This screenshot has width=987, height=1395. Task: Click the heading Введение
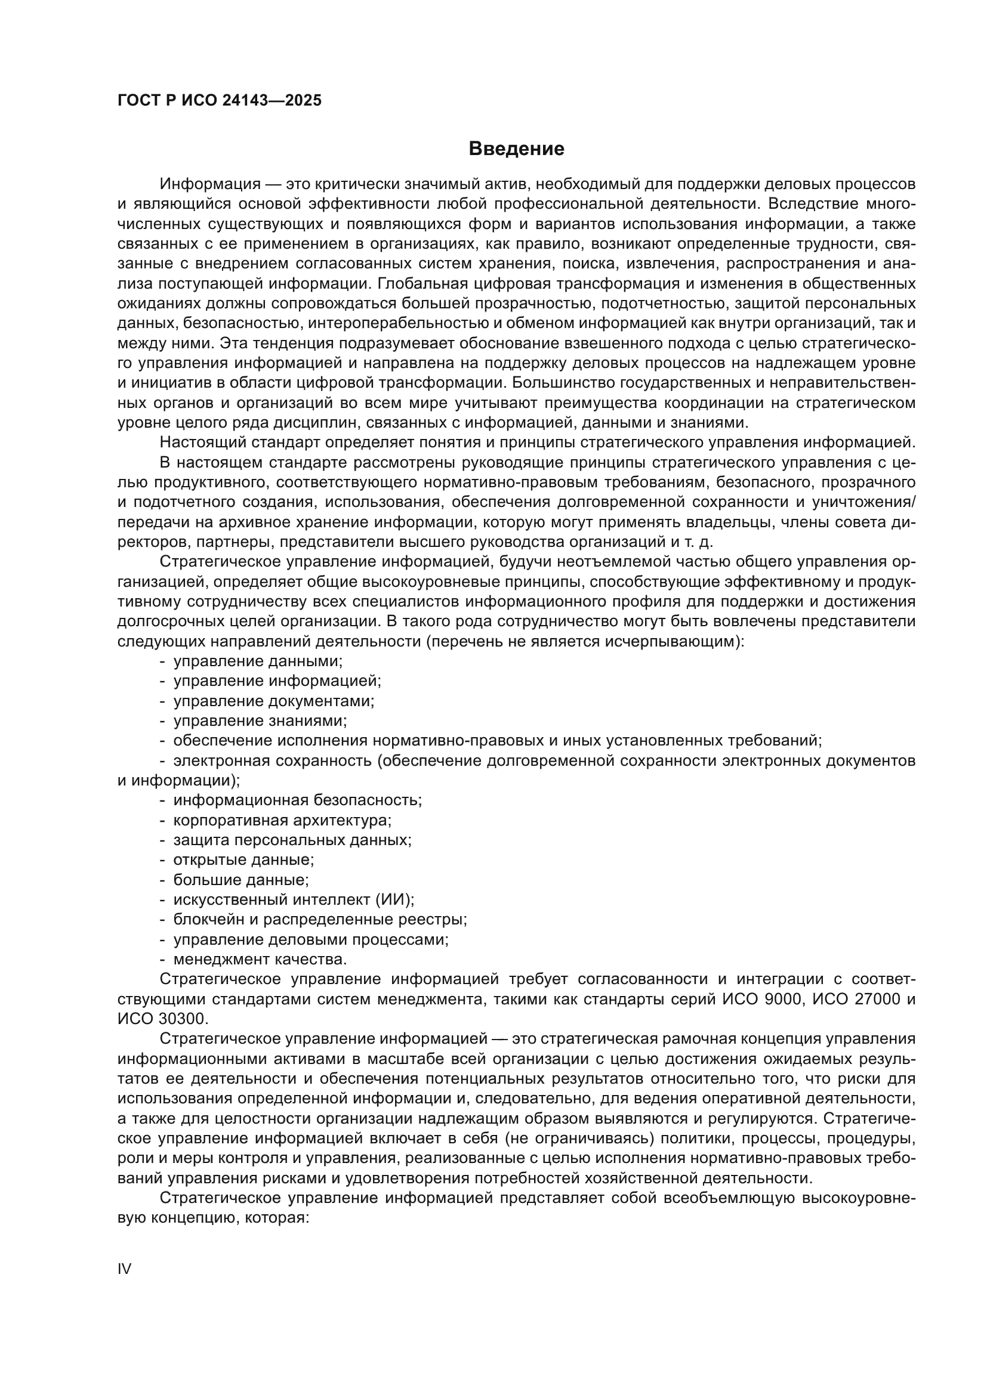pyautogui.click(x=516, y=149)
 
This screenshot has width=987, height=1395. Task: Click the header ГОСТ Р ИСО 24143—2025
pyautogui.click(x=220, y=101)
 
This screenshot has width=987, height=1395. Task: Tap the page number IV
pyautogui.click(x=124, y=1269)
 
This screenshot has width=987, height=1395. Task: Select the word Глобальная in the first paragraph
pyautogui.click(x=420, y=284)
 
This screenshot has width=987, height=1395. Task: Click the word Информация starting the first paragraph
pyautogui.click(x=210, y=184)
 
